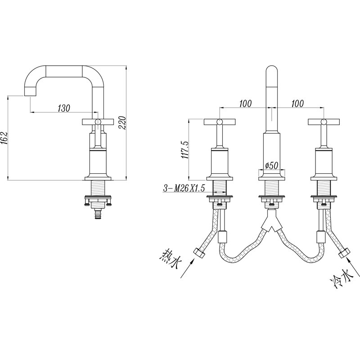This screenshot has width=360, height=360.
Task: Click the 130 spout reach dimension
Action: (x=63, y=108)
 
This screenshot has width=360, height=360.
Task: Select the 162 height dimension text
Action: (x=4, y=138)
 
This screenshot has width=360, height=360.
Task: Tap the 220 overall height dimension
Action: (x=122, y=123)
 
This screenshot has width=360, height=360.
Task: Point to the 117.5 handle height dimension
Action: (x=185, y=150)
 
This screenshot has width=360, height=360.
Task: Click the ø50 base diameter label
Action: (x=272, y=165)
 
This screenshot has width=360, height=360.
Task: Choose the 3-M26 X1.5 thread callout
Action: (x=184, y=189)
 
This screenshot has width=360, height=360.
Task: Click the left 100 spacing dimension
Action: (x=245, y=103)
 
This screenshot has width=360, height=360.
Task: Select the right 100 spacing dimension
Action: (x=297, y=103)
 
